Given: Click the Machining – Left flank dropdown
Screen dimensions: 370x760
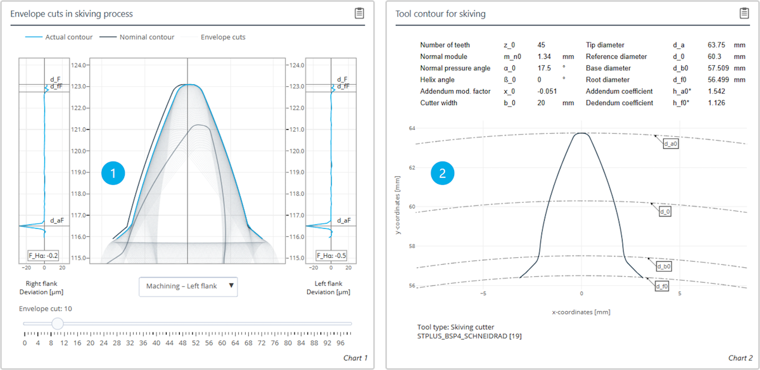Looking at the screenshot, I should [x=188, y=286].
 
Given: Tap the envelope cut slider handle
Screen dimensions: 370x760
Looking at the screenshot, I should [x=58, y=324].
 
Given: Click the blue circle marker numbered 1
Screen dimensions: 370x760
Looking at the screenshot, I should [x=113, y=172].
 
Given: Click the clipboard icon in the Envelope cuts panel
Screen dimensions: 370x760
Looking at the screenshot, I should [x=358, y=13].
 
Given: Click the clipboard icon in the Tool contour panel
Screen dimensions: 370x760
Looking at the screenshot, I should [x=744, y=13].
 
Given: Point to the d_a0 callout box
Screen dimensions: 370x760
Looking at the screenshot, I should [x=671, y=144].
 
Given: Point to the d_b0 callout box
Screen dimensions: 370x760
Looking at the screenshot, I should [x=663, y=267].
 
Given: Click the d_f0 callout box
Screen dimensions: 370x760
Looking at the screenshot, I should [x=661, y=286].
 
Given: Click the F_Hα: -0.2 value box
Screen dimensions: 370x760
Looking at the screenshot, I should [x=43, y=256].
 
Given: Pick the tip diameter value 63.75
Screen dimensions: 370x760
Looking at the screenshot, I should [x=717, y=45].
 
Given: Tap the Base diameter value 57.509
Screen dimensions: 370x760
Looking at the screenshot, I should [x=719, y=68].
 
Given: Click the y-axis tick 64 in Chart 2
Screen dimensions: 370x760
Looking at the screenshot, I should [x=411, y=129].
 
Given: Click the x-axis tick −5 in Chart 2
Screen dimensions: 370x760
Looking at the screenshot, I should [x=483, y=293].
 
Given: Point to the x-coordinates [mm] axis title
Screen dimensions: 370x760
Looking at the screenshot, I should [x=581, y=312].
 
